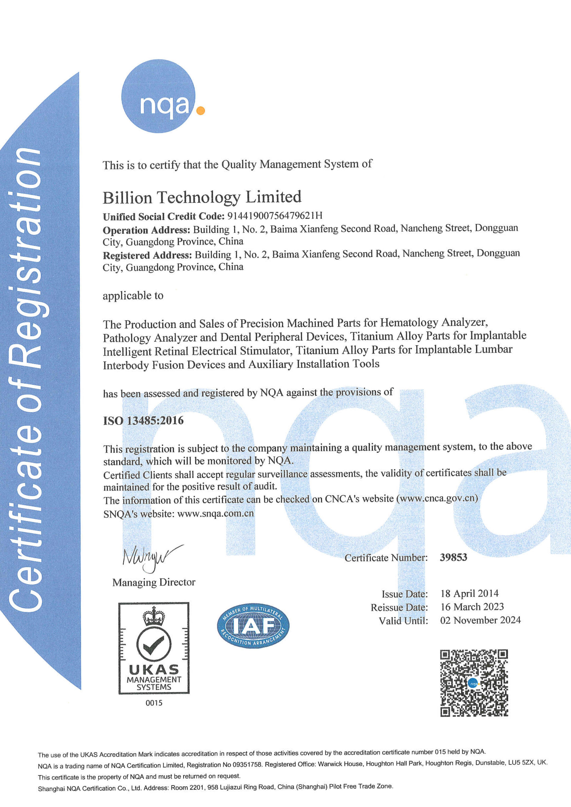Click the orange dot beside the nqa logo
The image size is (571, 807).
200,111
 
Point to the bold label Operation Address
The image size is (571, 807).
146,230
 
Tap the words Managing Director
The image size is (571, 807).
154,582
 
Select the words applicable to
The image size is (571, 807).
133,296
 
